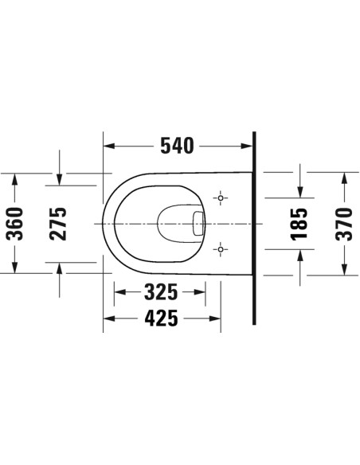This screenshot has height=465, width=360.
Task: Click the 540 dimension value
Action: [x=176, y=147]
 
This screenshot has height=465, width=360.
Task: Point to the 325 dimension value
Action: [x=168, y=294]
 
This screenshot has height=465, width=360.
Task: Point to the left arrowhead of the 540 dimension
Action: [x=110, y=147]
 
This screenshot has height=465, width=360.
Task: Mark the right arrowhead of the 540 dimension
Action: [x=246, y=147]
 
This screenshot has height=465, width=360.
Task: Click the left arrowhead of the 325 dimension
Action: [x=120, y=294]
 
